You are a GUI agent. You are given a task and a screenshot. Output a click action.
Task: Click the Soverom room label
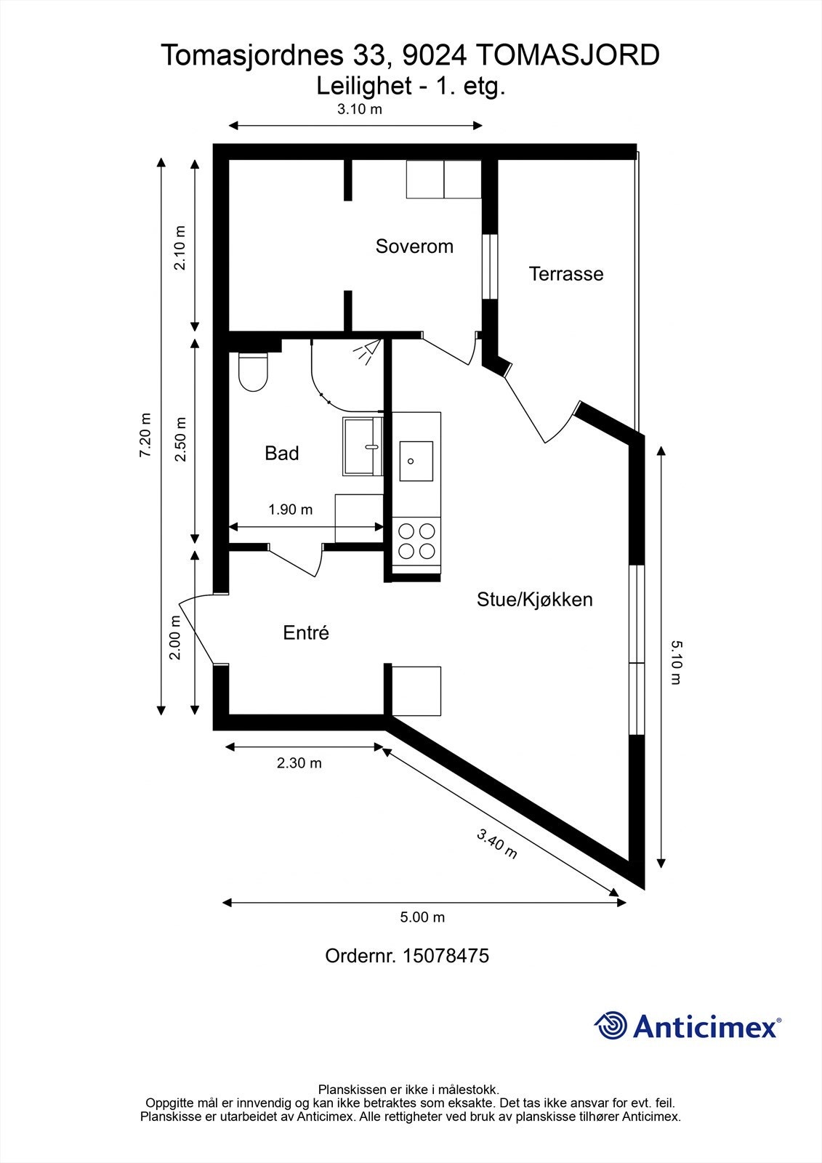coord(414,246)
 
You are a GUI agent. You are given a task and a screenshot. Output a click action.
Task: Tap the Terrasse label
coord(566,274)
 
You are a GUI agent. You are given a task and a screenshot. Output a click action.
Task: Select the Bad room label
coord(281,454)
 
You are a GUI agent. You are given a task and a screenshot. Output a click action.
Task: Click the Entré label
coord(306,633)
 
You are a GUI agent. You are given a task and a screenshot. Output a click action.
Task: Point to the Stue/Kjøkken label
coord(534,600)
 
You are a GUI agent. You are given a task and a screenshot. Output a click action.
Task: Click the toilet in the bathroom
coord(253,371)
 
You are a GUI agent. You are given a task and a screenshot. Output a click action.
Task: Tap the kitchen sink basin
coord(416,461)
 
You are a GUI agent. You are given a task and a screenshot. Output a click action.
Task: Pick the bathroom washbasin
coord(363,446)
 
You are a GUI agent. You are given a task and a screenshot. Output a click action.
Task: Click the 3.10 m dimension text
coord(359,110)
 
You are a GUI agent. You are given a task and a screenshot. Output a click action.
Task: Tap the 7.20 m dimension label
coord(146,435)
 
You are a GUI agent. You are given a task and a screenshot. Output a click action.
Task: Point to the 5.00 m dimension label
coord(422,917)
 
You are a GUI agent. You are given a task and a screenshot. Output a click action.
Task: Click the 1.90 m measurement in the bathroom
coord(291,510)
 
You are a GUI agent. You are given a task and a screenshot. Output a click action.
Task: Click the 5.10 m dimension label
coord(675,662)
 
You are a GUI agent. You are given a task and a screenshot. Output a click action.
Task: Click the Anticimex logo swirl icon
coord(611,1026)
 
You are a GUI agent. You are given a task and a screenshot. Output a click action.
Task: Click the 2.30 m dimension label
coord(299,763)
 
